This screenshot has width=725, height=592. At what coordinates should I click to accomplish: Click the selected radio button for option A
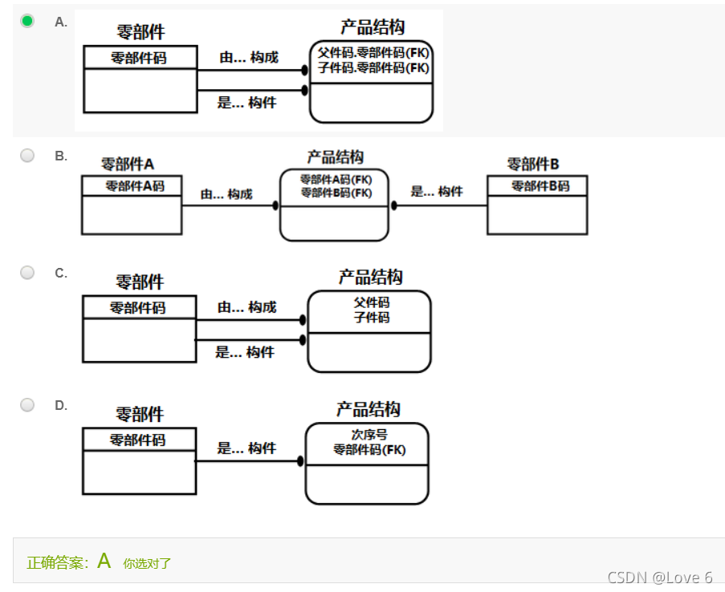click(27, 21)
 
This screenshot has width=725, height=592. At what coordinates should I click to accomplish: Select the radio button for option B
click(27, 156)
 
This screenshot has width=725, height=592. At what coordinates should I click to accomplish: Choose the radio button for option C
click(27, 273)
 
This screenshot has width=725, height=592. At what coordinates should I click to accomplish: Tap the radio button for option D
click(27, 405)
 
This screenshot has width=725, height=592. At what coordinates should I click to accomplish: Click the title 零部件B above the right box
click(533, 164)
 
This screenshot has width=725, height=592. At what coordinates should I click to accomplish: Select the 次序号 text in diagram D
click(369, 435)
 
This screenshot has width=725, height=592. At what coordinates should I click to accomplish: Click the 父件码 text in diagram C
click(372, 302)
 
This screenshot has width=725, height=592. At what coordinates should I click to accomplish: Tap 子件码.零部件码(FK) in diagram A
click(373, 67)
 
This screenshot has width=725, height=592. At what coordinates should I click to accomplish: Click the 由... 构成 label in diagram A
click(249, 58)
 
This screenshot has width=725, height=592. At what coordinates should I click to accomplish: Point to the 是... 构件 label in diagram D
click(246, 448)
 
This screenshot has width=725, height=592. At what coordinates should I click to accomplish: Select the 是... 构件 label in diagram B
click(437, 191)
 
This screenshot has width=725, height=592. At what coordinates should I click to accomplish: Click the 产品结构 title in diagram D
click(368, 409)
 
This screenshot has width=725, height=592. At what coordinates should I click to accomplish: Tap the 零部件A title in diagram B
click(127, 164)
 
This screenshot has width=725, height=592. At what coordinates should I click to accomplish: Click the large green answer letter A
click(104, 561)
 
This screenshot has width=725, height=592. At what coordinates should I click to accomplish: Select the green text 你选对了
click(147, 563)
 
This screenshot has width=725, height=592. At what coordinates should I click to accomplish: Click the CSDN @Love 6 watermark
click(659, 577)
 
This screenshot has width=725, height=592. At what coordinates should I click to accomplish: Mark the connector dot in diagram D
click(300, 461)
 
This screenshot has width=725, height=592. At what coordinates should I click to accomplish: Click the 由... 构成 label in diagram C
click(246, 307)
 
